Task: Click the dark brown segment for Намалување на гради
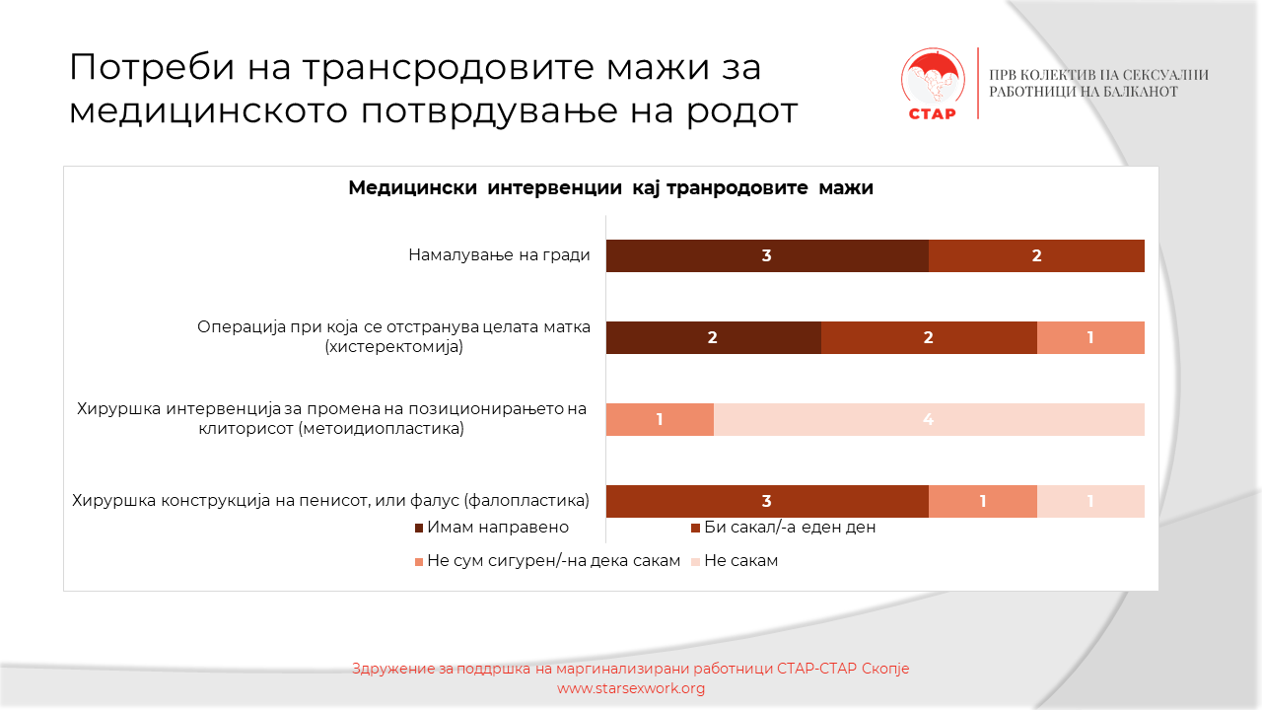click(x=767, y=255)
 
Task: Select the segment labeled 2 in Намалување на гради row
click(x=1036, y=255)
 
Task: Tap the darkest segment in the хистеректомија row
click(x=713, y=337)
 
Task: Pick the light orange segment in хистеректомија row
click(x=1090, y=337)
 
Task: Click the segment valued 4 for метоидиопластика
click(x=928, y=419)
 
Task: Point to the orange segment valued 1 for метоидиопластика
click(x=660, y=419)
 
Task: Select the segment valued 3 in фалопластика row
click(x=767, y=501)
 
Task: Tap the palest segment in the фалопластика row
click(x=1090, y=501)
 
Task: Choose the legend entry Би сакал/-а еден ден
click(x=784, y=528)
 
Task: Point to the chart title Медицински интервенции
click(x=610, y=188)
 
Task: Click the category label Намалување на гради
click(x=499, y=255)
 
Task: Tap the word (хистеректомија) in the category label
click(x=393, y=347)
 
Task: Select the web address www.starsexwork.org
click(x=631, y=688)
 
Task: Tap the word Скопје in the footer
click(x=884, y=669)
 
